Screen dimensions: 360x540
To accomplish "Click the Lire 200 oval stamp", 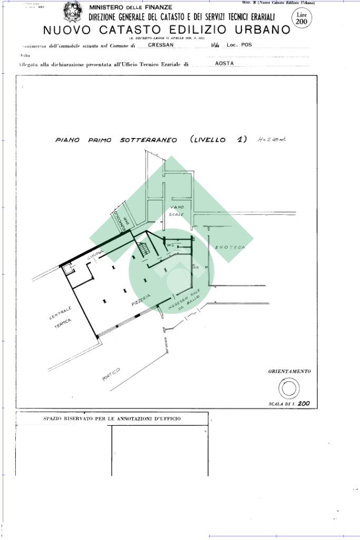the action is [301, 18].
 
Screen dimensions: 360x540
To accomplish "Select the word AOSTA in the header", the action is [225, 63].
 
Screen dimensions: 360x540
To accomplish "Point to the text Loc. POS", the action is [239, 45].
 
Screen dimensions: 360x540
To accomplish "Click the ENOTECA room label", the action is [230, 247].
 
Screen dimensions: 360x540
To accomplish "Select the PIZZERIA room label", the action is [141, 300].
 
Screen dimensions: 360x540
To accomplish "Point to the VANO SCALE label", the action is [177, 211].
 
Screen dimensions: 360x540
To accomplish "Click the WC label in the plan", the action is [170, 246].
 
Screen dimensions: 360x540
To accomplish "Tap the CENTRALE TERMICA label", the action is [62, 318].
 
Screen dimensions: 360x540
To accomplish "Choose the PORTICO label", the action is [111, 375].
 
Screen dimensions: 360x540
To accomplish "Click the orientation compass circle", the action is [289, 389].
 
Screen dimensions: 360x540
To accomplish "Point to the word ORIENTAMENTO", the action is [289, 371].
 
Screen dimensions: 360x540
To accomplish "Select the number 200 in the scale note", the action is [304, 404].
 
